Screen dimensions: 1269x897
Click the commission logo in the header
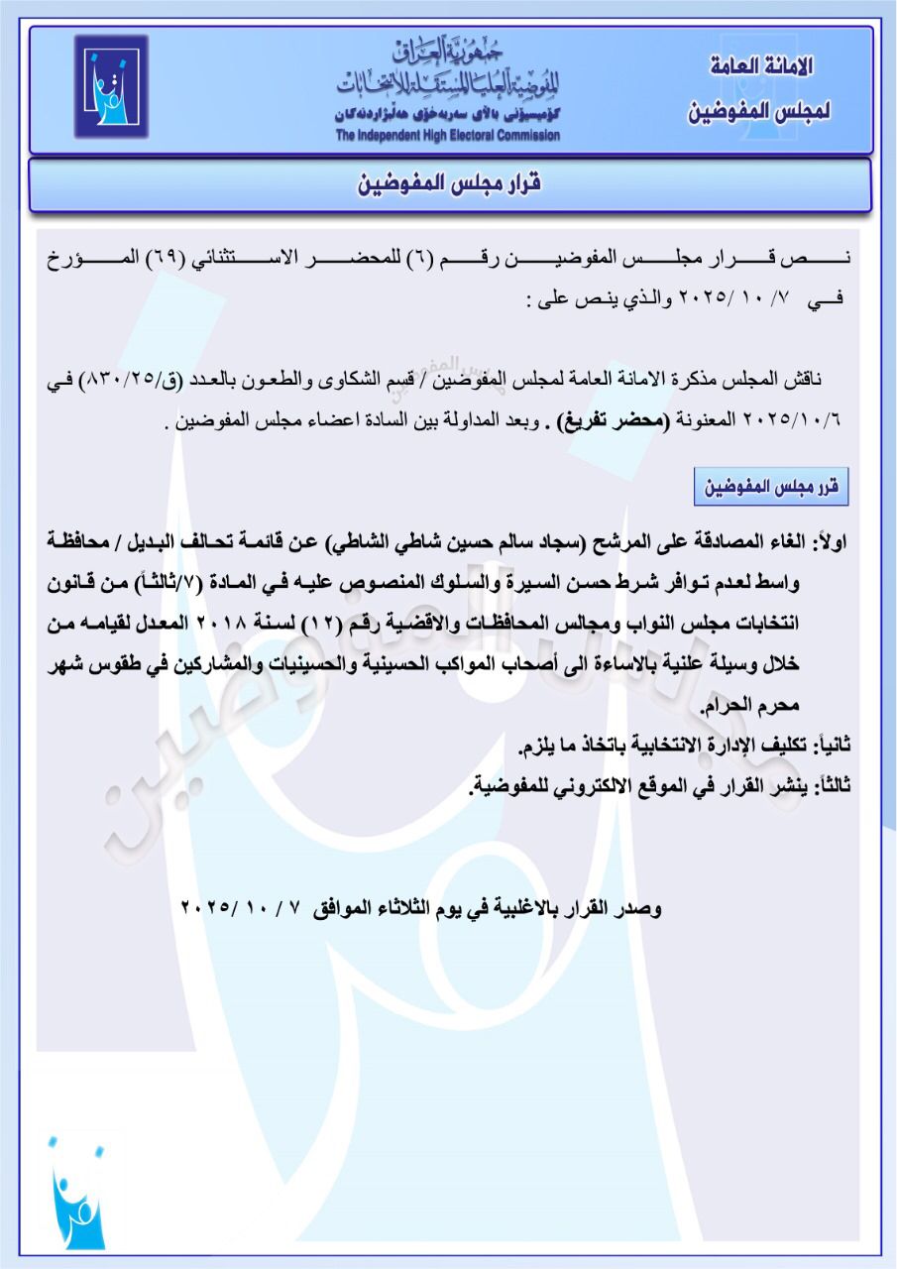coord(111,87)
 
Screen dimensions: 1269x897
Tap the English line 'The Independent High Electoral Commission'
coord(447,136)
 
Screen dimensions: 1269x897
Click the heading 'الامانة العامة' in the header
coord(762,67)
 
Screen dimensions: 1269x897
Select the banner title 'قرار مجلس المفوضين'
coord(449,184)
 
